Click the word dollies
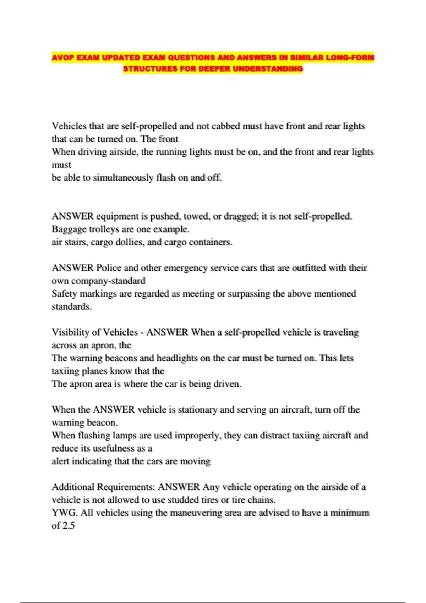127,242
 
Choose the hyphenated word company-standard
108,281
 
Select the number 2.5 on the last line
68,526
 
